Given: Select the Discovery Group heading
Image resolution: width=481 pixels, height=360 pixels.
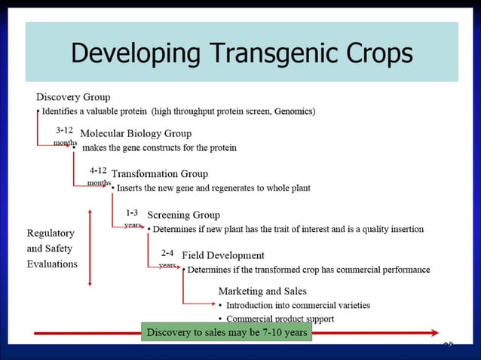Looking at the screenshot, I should (x=73, y=97).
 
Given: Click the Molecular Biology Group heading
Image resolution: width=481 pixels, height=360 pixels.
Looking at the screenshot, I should (x=136, y=134).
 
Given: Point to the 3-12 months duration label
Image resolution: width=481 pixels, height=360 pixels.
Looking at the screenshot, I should (x=65, y=136).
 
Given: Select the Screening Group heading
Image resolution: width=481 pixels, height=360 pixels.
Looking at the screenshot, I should (x=183, y=215).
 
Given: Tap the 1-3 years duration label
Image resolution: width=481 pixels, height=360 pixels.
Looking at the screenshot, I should (x=133, y=218).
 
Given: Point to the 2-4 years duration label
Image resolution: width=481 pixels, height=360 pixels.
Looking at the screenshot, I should (x=168, y=259).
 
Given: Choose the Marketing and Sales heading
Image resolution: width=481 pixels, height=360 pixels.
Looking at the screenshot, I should (x=262, y=291).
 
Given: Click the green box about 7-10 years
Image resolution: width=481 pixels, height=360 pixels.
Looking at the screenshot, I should (x=226, y=332).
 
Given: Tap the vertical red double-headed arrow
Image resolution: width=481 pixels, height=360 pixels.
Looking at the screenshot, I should (x=90, y=248).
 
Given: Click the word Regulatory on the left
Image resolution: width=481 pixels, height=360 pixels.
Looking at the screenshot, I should (x=51, y=233).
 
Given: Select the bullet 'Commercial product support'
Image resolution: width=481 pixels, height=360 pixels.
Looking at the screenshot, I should (x=280, y=319).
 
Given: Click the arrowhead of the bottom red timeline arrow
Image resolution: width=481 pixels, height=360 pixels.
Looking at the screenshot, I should (x=433, y=332).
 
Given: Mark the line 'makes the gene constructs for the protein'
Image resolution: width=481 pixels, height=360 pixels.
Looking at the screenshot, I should (x=159, y=148).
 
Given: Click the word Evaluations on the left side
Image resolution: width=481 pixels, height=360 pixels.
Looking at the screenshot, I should (x=52, y=264).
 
